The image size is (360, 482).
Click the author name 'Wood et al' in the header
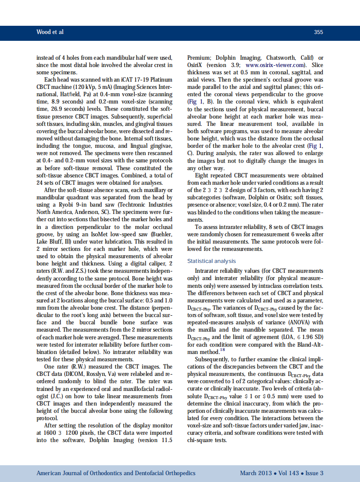(x=50, y=32)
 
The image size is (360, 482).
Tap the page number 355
(x=318, y=32)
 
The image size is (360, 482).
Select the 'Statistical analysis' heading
(x=211, y=261)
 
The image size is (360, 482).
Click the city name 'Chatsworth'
(x=282, y=58)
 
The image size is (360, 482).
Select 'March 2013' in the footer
(x=256, y=473)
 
